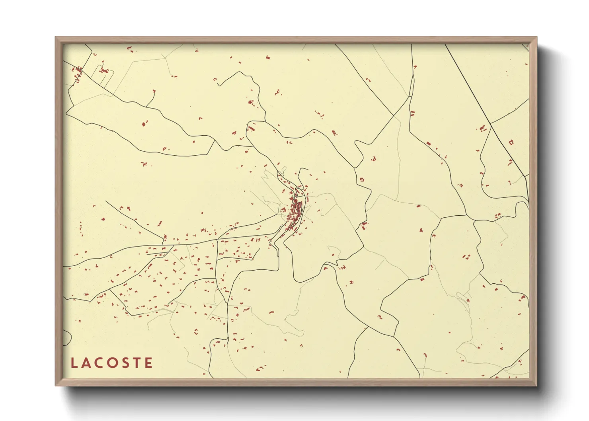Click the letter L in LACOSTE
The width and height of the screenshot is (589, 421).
tap(74, 363)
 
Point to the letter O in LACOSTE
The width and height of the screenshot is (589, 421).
tap(112, 363)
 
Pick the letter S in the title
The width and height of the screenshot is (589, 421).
tap(125, 363)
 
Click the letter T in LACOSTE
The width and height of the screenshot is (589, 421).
tap(137, 363)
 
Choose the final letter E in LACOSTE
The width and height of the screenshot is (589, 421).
tap(148, 363)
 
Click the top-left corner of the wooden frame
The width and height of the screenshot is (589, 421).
tap(56, 38)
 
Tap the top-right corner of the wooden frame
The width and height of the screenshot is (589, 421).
tap(536, 38)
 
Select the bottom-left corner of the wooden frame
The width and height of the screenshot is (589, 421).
tap(56, 385)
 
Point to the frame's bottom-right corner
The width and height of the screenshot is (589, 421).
tap(536, 385)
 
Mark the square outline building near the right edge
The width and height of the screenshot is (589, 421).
tap(511, 142)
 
